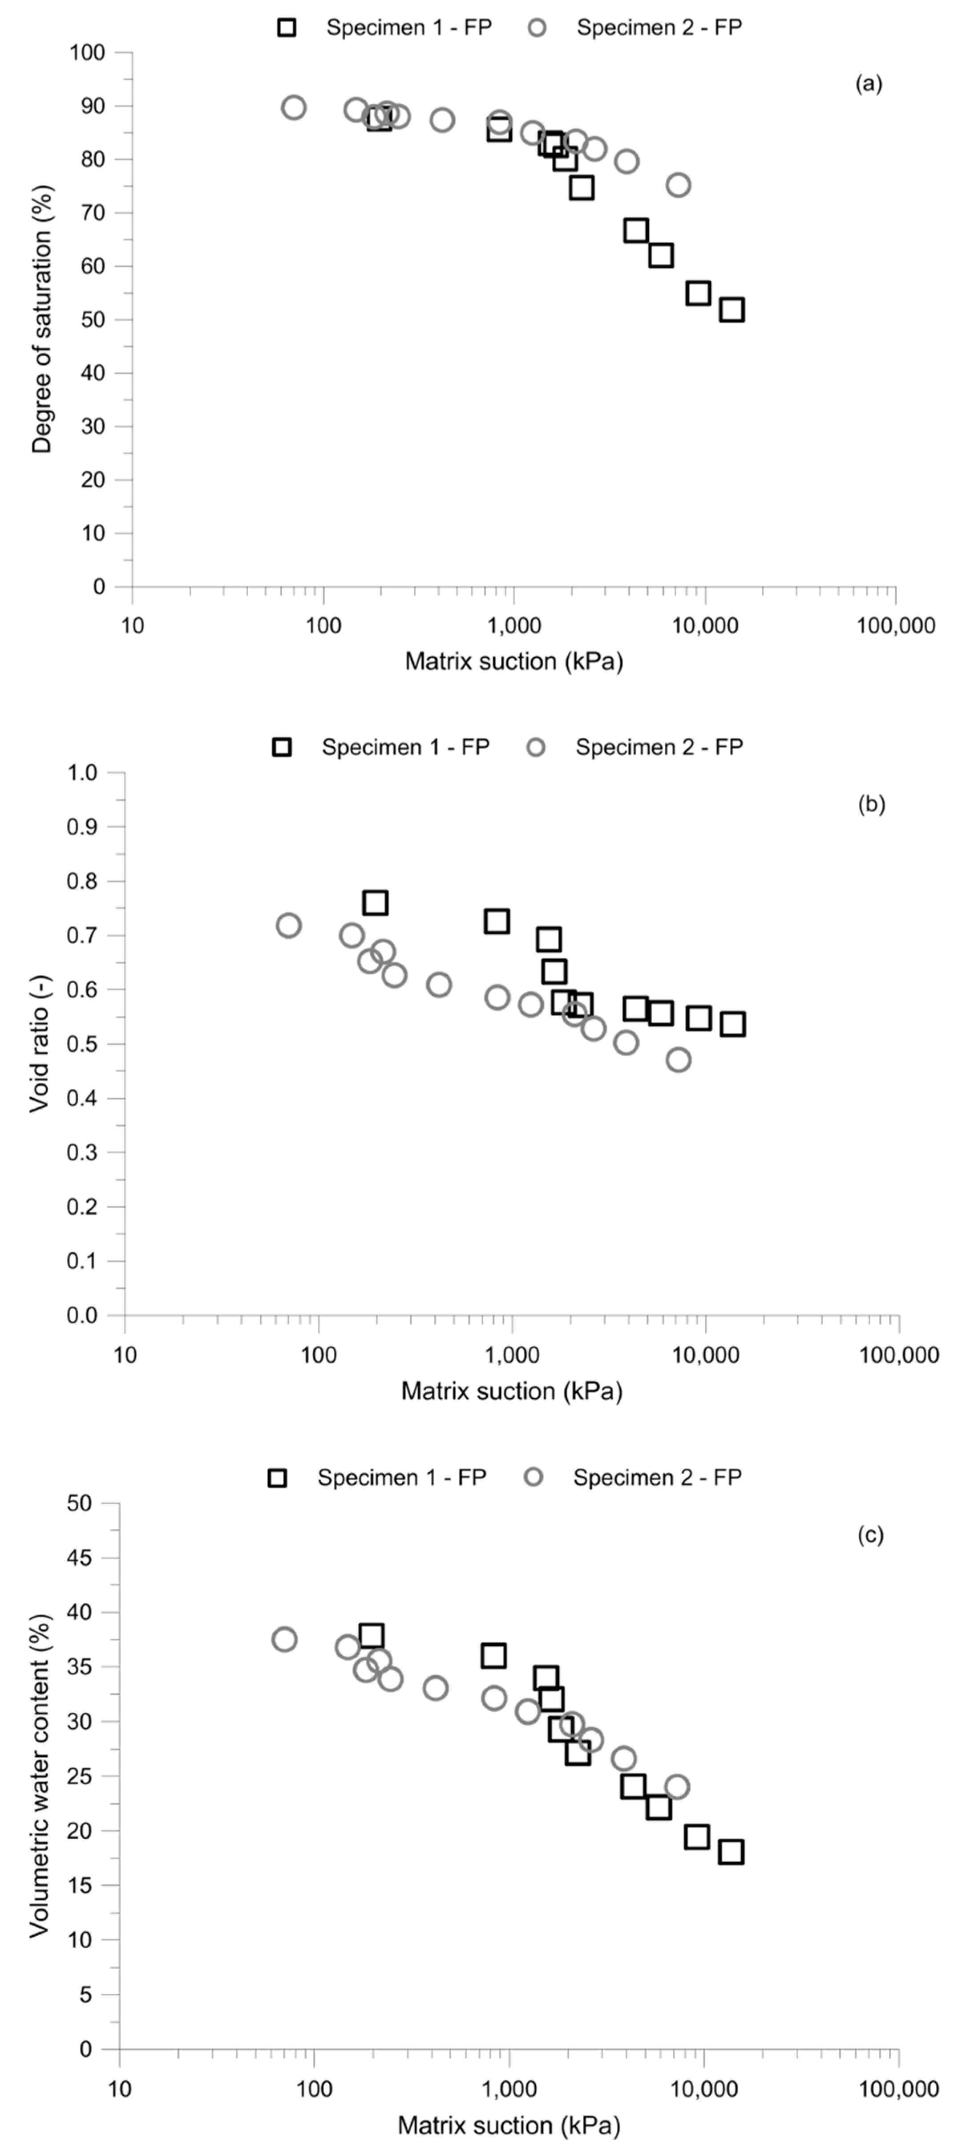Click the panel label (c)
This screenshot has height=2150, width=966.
[x=870, y=1535]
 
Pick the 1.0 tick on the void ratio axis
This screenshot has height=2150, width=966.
[x=83, y=773]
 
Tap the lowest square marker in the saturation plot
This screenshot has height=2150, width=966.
[x=732, y=309]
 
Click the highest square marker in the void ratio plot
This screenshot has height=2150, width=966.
[x=376, y=902]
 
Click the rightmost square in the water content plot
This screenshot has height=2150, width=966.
[x=731, y=1851]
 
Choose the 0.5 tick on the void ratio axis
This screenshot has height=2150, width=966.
[x=83, y=1044]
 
